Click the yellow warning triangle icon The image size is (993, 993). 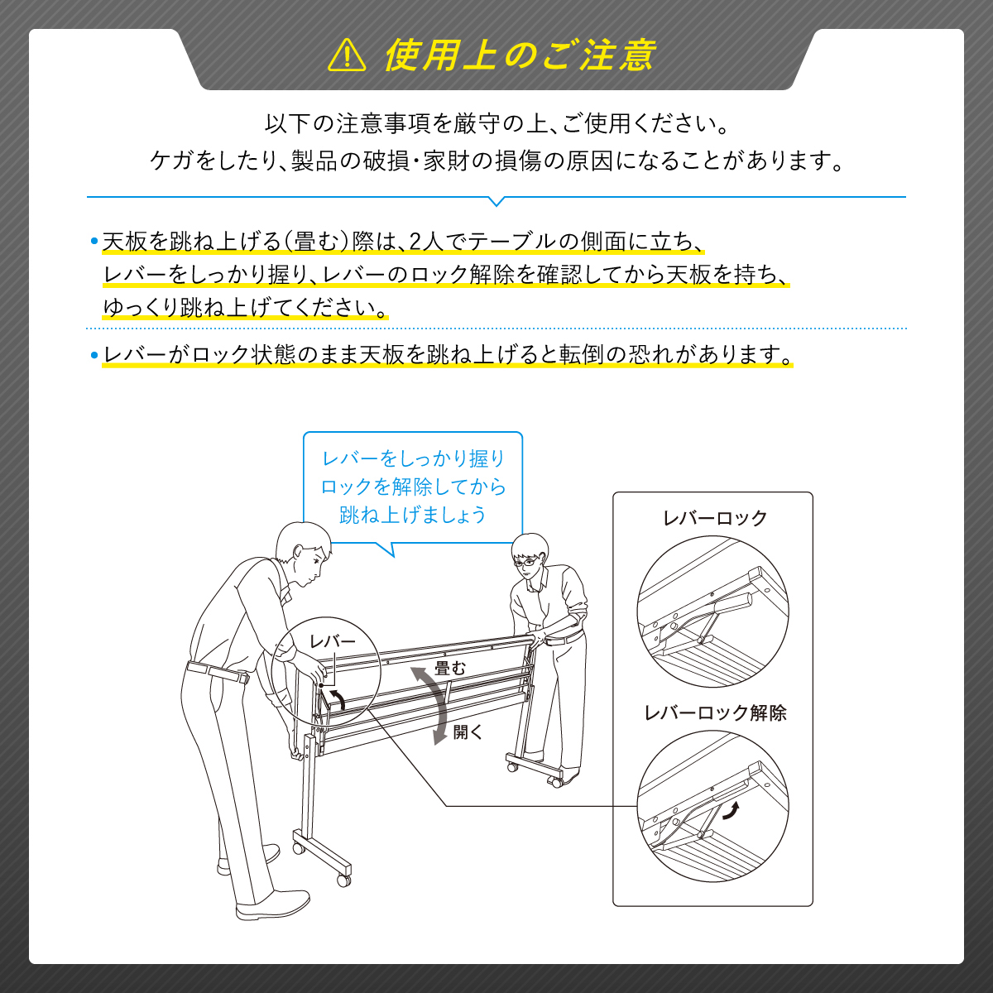347,55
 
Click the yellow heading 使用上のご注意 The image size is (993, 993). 520,55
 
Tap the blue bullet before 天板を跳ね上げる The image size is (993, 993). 94,241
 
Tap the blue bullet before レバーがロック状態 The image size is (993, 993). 94,355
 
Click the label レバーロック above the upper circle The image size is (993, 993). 715,518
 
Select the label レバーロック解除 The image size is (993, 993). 715,712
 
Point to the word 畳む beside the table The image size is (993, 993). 450,669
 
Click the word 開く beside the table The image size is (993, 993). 468,732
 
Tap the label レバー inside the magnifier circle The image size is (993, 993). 333,641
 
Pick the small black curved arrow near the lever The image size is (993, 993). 338,698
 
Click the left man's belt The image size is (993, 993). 218,672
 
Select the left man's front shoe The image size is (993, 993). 272,905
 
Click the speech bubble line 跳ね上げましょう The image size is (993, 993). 413,514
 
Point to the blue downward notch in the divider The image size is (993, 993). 496,201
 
